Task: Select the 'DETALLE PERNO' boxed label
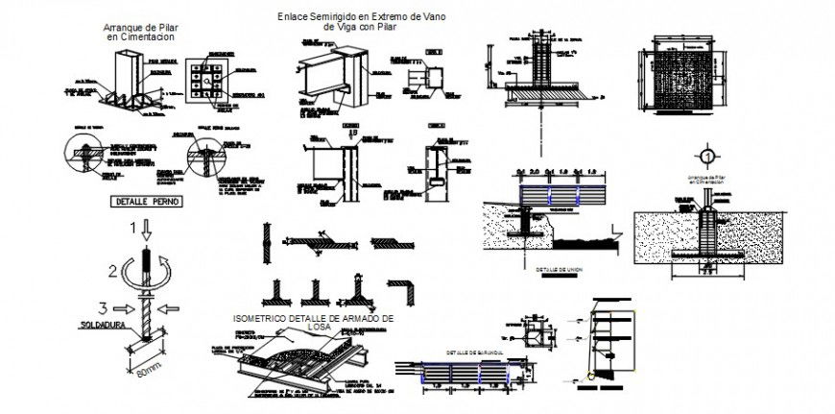click(139, 203)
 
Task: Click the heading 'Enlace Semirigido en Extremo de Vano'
click(349, 16)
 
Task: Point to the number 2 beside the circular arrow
click(113, 270)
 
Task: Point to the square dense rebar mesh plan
click(687, 84)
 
